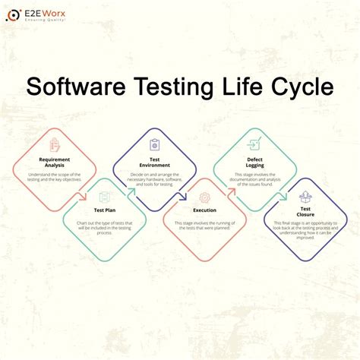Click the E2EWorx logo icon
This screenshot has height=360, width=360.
point(14,15)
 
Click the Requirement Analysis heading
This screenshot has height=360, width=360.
point(54,162)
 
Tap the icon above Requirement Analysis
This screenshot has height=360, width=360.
point(54,144)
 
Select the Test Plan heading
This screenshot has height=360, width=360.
point(104,210)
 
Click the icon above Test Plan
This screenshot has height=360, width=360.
point(104,196)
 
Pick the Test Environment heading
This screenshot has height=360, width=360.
point(155,162)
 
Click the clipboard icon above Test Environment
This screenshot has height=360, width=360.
point(155,144)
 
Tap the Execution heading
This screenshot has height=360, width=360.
point(204,210)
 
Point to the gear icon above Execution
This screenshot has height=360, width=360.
point(204,197)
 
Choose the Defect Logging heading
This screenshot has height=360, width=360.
point(254,162)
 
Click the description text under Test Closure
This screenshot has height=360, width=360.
point(305,231)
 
